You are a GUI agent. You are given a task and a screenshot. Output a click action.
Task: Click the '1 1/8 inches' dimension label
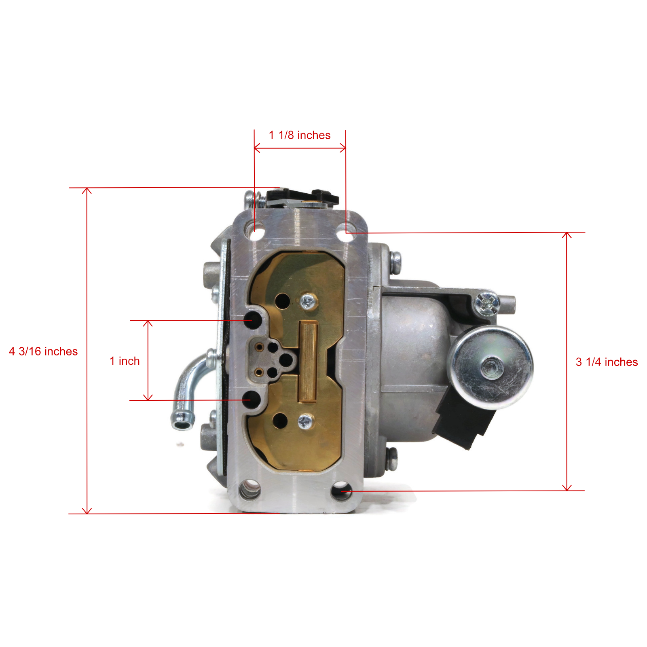click(x=300, y=135)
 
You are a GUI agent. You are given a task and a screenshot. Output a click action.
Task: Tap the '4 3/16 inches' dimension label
click(x=43, y=351)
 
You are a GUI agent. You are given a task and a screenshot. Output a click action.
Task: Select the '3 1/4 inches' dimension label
click(x=607, y=362)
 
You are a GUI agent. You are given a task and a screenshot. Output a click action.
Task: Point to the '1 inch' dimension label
click(x=125, y=361)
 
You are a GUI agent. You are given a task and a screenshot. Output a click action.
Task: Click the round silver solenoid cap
click(x=492, y=367)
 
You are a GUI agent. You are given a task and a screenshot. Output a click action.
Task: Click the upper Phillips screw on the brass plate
click(x=309, y=301)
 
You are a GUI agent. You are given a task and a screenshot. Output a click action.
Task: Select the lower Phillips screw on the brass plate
click(x=306, y=421)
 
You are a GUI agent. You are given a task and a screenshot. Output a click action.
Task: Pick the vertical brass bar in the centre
click(x=308, y=362)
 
